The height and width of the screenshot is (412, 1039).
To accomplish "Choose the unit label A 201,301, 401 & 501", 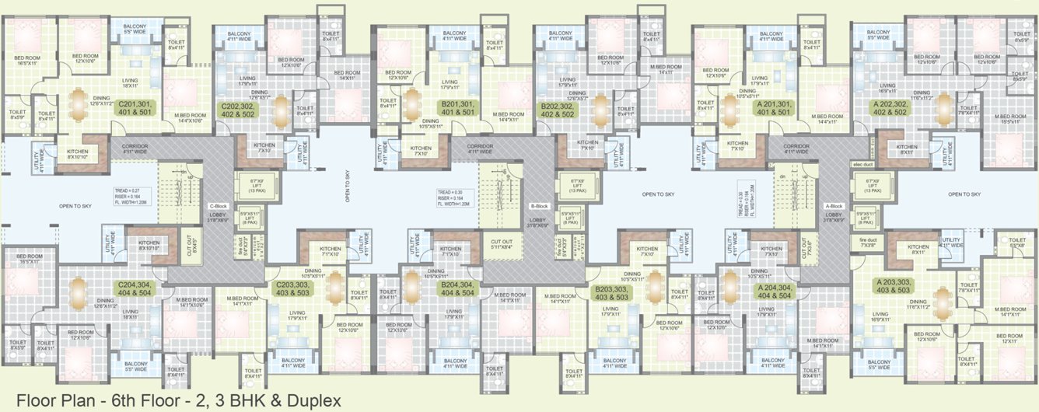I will [x=773, y=108].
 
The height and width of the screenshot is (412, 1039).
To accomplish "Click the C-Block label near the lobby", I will [x=217, y=206].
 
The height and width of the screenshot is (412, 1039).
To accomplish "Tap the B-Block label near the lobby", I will [x=540, y=206].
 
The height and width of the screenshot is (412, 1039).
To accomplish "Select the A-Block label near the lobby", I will [x=834, y=206].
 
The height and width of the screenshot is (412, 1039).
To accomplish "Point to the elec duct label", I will [x=864, y=165].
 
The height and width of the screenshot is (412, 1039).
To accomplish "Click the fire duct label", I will [x=867, y=240].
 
